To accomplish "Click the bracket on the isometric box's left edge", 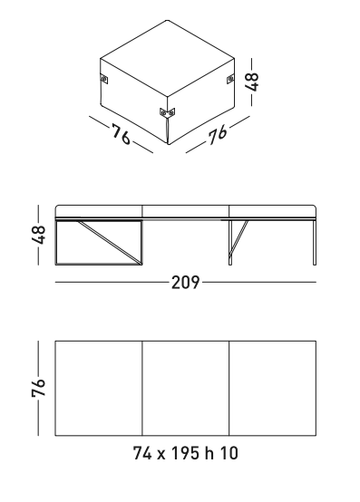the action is click(x=104, y=79).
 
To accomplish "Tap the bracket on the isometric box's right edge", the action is click(x=230, y=79).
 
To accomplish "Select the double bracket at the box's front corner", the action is click(x=167, y=112).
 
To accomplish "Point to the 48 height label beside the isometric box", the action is click(x=252, y=82).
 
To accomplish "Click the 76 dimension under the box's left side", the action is click(x=122, y=134).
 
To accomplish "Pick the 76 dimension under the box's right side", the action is click(x=218, y=134).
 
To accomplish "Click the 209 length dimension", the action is click(x=186, y=283).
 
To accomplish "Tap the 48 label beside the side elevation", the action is click(x=38, y=235).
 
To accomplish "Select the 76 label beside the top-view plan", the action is click(x=38, y=388).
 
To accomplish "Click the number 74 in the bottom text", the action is click(x=142, y=453).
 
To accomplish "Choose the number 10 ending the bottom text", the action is click(x=229, y=453).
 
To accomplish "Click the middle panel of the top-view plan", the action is click(x=186, y=388).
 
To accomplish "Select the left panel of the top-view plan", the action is click(x=99, y=388).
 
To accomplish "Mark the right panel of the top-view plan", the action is click(x=273, y=388).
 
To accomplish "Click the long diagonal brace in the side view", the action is click(x=110, y=242).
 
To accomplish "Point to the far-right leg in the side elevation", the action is click(x=315, y=242).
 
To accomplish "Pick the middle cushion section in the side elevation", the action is click(x=186, y=211).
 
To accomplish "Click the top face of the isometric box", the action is click(x=167, y=59).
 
